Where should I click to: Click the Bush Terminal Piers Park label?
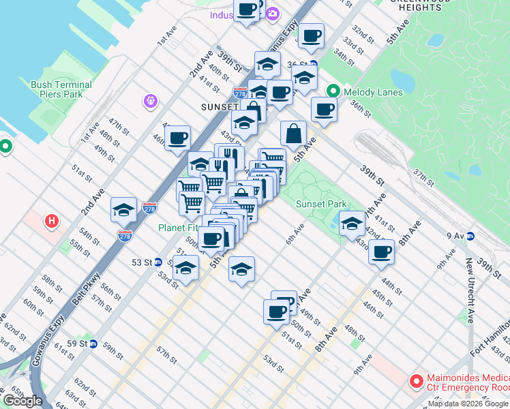[61, 89]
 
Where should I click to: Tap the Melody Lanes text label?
[369, 91]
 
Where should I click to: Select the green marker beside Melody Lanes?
[333, 91]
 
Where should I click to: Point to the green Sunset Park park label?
[321, 204]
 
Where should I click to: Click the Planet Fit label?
[179, 228]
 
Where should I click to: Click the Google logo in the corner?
[23, 401]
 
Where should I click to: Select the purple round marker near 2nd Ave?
[151, 102]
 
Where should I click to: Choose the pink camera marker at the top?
[273, 14]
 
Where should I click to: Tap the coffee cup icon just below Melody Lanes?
[325, 109]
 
